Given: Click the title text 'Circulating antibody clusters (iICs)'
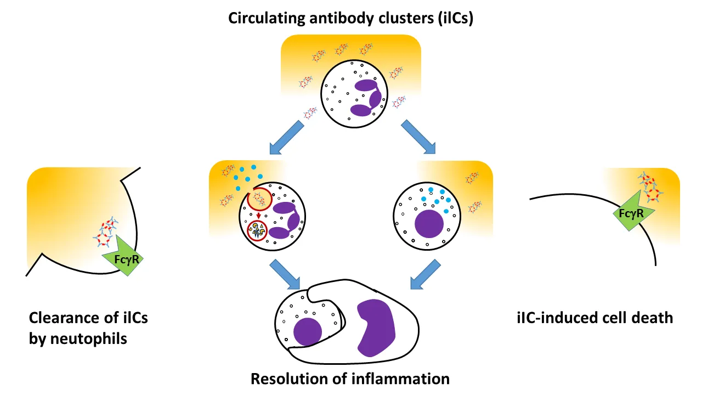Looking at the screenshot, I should tap(351, 18).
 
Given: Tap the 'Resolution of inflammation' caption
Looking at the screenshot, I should tap(350, 379).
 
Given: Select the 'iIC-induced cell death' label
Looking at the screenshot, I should tap(595, 317).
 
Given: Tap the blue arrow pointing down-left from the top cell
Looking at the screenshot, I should tap(286, 138).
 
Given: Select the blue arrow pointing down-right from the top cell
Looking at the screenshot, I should tap(418, 137).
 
